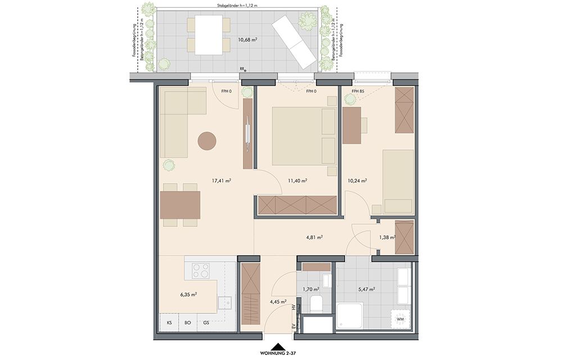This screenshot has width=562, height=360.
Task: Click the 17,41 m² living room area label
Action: point(221,181)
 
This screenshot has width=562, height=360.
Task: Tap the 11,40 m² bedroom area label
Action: point(297,181)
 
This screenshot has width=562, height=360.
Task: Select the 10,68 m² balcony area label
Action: point(248,39)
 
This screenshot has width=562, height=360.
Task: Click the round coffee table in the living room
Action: point(207,140)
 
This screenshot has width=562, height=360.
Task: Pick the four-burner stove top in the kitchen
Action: point(201,271)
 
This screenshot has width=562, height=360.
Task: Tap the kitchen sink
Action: point(225,303)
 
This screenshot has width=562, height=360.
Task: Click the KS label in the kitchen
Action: point(169,323)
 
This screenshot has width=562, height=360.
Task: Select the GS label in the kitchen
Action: point(206,323)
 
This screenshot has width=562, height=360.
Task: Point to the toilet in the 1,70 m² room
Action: point(316,304)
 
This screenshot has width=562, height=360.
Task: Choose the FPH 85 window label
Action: point(358,92)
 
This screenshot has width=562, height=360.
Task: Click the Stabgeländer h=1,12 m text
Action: point(237,6)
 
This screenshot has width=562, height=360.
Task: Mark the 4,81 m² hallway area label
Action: point(314,237)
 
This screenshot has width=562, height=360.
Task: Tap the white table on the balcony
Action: point(209,36)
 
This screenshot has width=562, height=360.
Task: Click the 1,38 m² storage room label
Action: point(387,237)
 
